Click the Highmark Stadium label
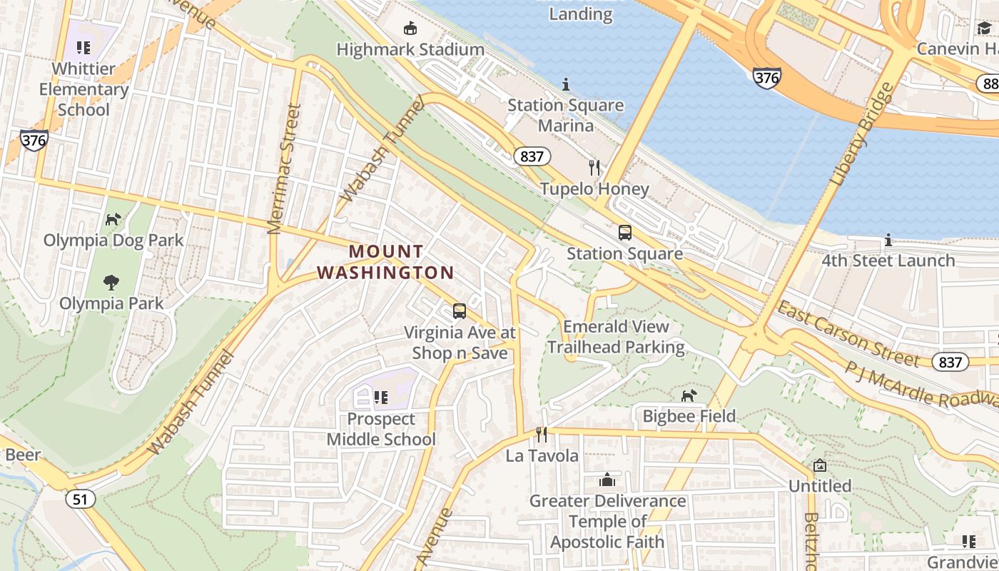pyautogui.click(x=410, y=50)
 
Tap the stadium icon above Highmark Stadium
pyautogui.click(x=410, y=29)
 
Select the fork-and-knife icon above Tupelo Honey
pyautogui.click(x=594, y=168)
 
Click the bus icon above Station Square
pyautogui.click(x=625, y=233)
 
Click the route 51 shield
pyautogui.click(x=81, y=498)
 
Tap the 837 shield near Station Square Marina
pyautogui.click(x=532, y=156)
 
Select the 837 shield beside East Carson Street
pyautogui.click(x=950, y=362)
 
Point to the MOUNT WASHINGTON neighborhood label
pyautogui.click(x=386, y=262)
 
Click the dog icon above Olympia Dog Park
pyautogui.click(x=113, y=219)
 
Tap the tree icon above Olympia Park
pyautogui.click(x=111, y=283)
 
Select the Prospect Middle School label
pyautogui.click(x=381, y=429)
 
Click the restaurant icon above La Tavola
pyautogui.click(x=542, y=434)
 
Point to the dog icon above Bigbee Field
pyautogui.click(x=689, y=395)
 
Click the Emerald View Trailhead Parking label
pyautogui.click(x=616, y=337)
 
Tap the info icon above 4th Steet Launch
pyautogui.click(x=888, y=240)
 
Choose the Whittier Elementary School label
pyautogui.click(x=83, y=89)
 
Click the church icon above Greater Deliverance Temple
pyautogui.click(x=607, y=479)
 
